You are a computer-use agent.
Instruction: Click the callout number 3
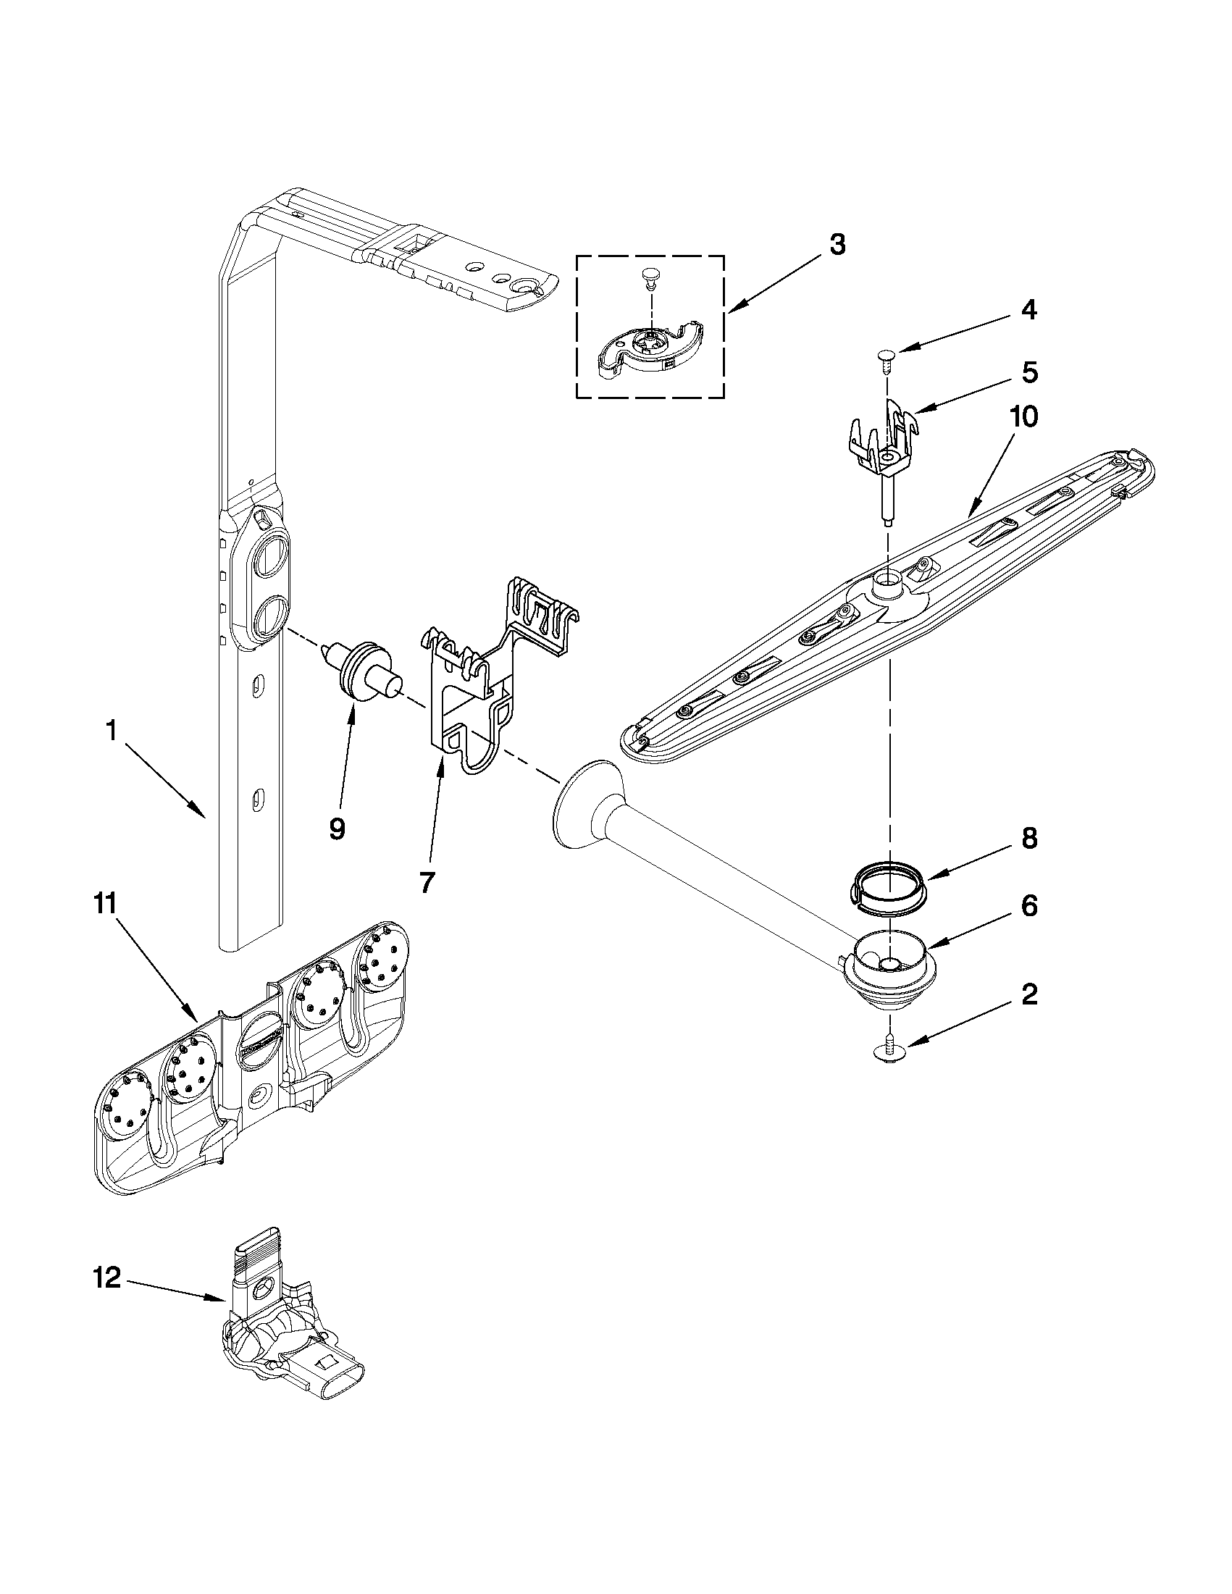pos(837,245)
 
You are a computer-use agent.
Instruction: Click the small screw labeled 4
pos(886,358)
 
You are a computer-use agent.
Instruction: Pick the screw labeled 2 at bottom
pos(889,1051)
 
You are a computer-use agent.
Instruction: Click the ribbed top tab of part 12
pos(253,1251)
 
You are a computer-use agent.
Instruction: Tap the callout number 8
pos(1029,839)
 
